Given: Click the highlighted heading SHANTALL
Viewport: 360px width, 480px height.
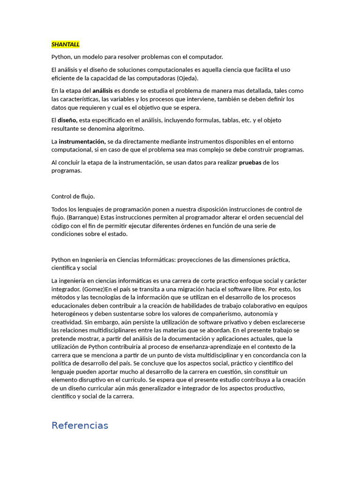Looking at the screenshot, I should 66,45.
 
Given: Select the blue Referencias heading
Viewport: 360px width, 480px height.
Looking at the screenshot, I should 80,426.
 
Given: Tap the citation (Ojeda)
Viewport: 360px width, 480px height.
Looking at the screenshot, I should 187,78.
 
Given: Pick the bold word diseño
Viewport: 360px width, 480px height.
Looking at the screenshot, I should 67,120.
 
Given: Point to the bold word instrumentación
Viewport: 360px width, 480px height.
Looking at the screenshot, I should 82,141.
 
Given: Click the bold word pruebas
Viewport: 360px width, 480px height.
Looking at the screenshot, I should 250,162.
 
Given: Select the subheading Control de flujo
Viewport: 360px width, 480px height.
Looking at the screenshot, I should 73,196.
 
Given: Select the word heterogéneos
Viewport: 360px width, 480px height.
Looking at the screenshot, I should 71,314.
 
